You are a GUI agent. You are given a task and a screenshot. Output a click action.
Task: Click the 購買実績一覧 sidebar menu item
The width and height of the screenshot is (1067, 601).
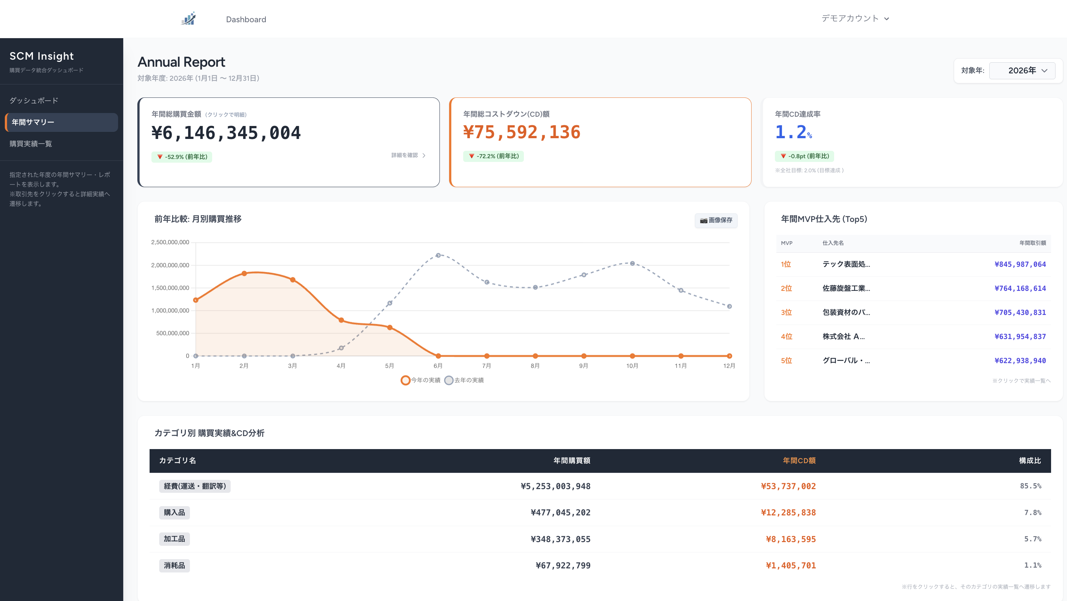point(31,144)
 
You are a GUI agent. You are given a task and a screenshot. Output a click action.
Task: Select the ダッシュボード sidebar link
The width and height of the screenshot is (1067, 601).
point(34,101)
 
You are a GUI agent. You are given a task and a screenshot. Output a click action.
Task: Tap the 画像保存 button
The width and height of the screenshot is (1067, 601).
point(716,220)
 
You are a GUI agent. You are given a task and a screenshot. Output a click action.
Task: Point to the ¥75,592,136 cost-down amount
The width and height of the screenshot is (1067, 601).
point(522,133)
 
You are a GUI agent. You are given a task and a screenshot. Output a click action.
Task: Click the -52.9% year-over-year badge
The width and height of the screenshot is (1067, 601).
point(182,157)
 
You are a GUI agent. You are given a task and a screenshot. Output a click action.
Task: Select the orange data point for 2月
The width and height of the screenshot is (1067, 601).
point(244,273)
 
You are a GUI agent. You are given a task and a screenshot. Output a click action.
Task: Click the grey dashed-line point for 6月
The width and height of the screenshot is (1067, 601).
point(438,255)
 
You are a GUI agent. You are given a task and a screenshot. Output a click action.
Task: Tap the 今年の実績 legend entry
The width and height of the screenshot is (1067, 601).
point(421,380)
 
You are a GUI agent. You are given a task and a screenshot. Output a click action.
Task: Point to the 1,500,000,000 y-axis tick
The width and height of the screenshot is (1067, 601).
point(170,288)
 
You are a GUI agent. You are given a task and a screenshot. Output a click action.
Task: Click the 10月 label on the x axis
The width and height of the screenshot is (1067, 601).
point(632,366)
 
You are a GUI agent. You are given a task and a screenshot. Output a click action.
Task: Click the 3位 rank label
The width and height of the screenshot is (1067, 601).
point(786,312)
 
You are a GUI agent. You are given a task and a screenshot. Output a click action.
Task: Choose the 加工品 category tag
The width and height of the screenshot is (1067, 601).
point(174,539)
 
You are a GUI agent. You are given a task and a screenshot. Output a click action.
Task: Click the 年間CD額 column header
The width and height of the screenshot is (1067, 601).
point(799,461)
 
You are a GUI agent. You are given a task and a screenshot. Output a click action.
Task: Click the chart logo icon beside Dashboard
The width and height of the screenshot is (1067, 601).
point(188,19)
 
